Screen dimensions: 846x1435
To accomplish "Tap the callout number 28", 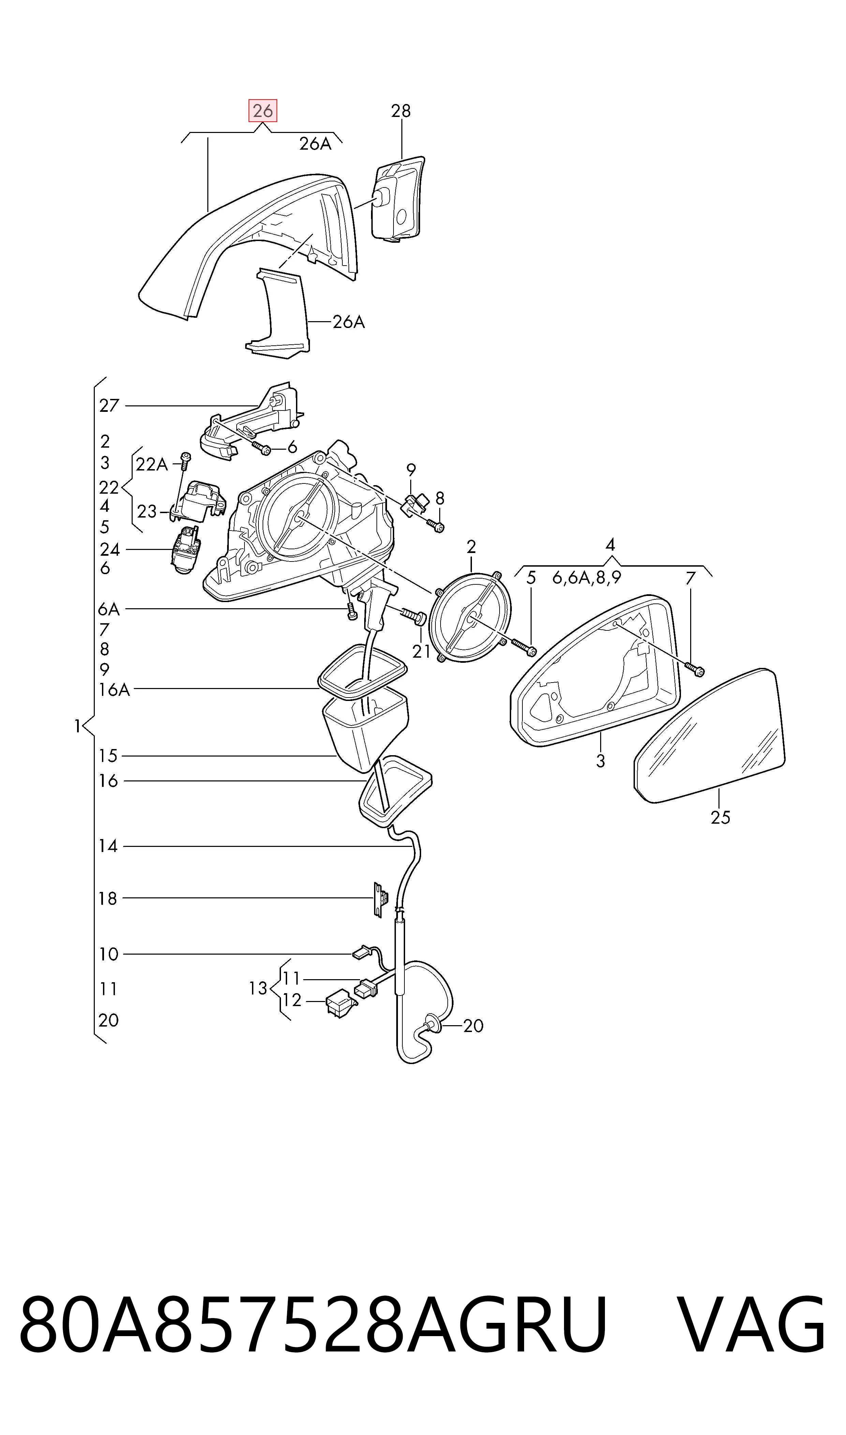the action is [401, 111].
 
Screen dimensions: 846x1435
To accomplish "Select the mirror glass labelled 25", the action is [709, 736].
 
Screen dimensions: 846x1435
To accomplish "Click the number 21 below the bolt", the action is [421, 651].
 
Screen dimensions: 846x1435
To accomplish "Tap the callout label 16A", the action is [114, 690].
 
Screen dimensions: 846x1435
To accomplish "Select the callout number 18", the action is [108, 899].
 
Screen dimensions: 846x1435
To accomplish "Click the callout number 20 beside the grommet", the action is [473, 1026].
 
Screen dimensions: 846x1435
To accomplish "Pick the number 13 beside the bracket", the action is [258, 988].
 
